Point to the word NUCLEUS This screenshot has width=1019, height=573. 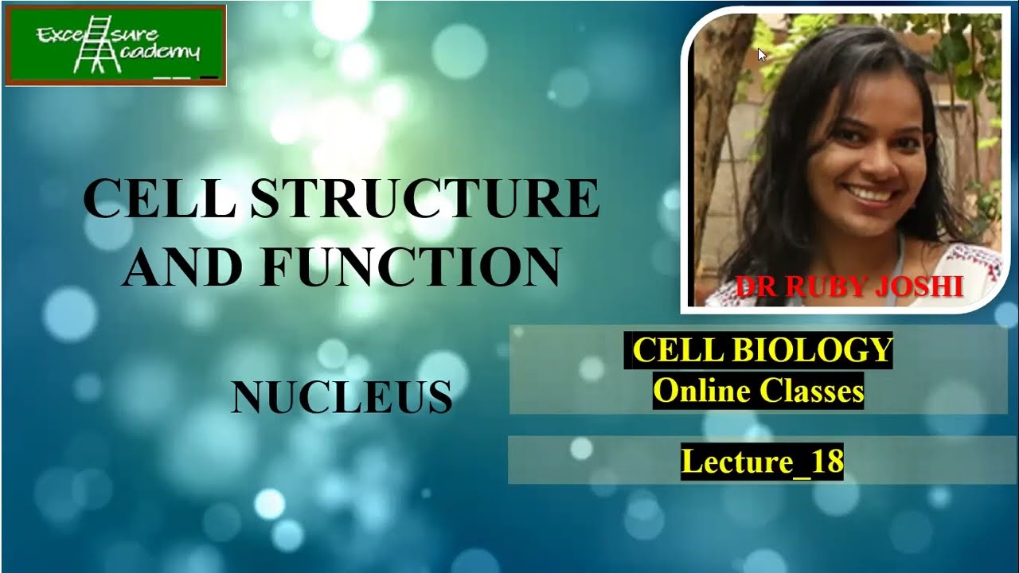click(x=342, y=397)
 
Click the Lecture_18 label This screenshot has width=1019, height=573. click(x=762, y=462)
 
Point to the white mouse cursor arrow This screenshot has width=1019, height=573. click(x=762, y=55)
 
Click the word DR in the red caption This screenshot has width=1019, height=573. click(x=755, y=286)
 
